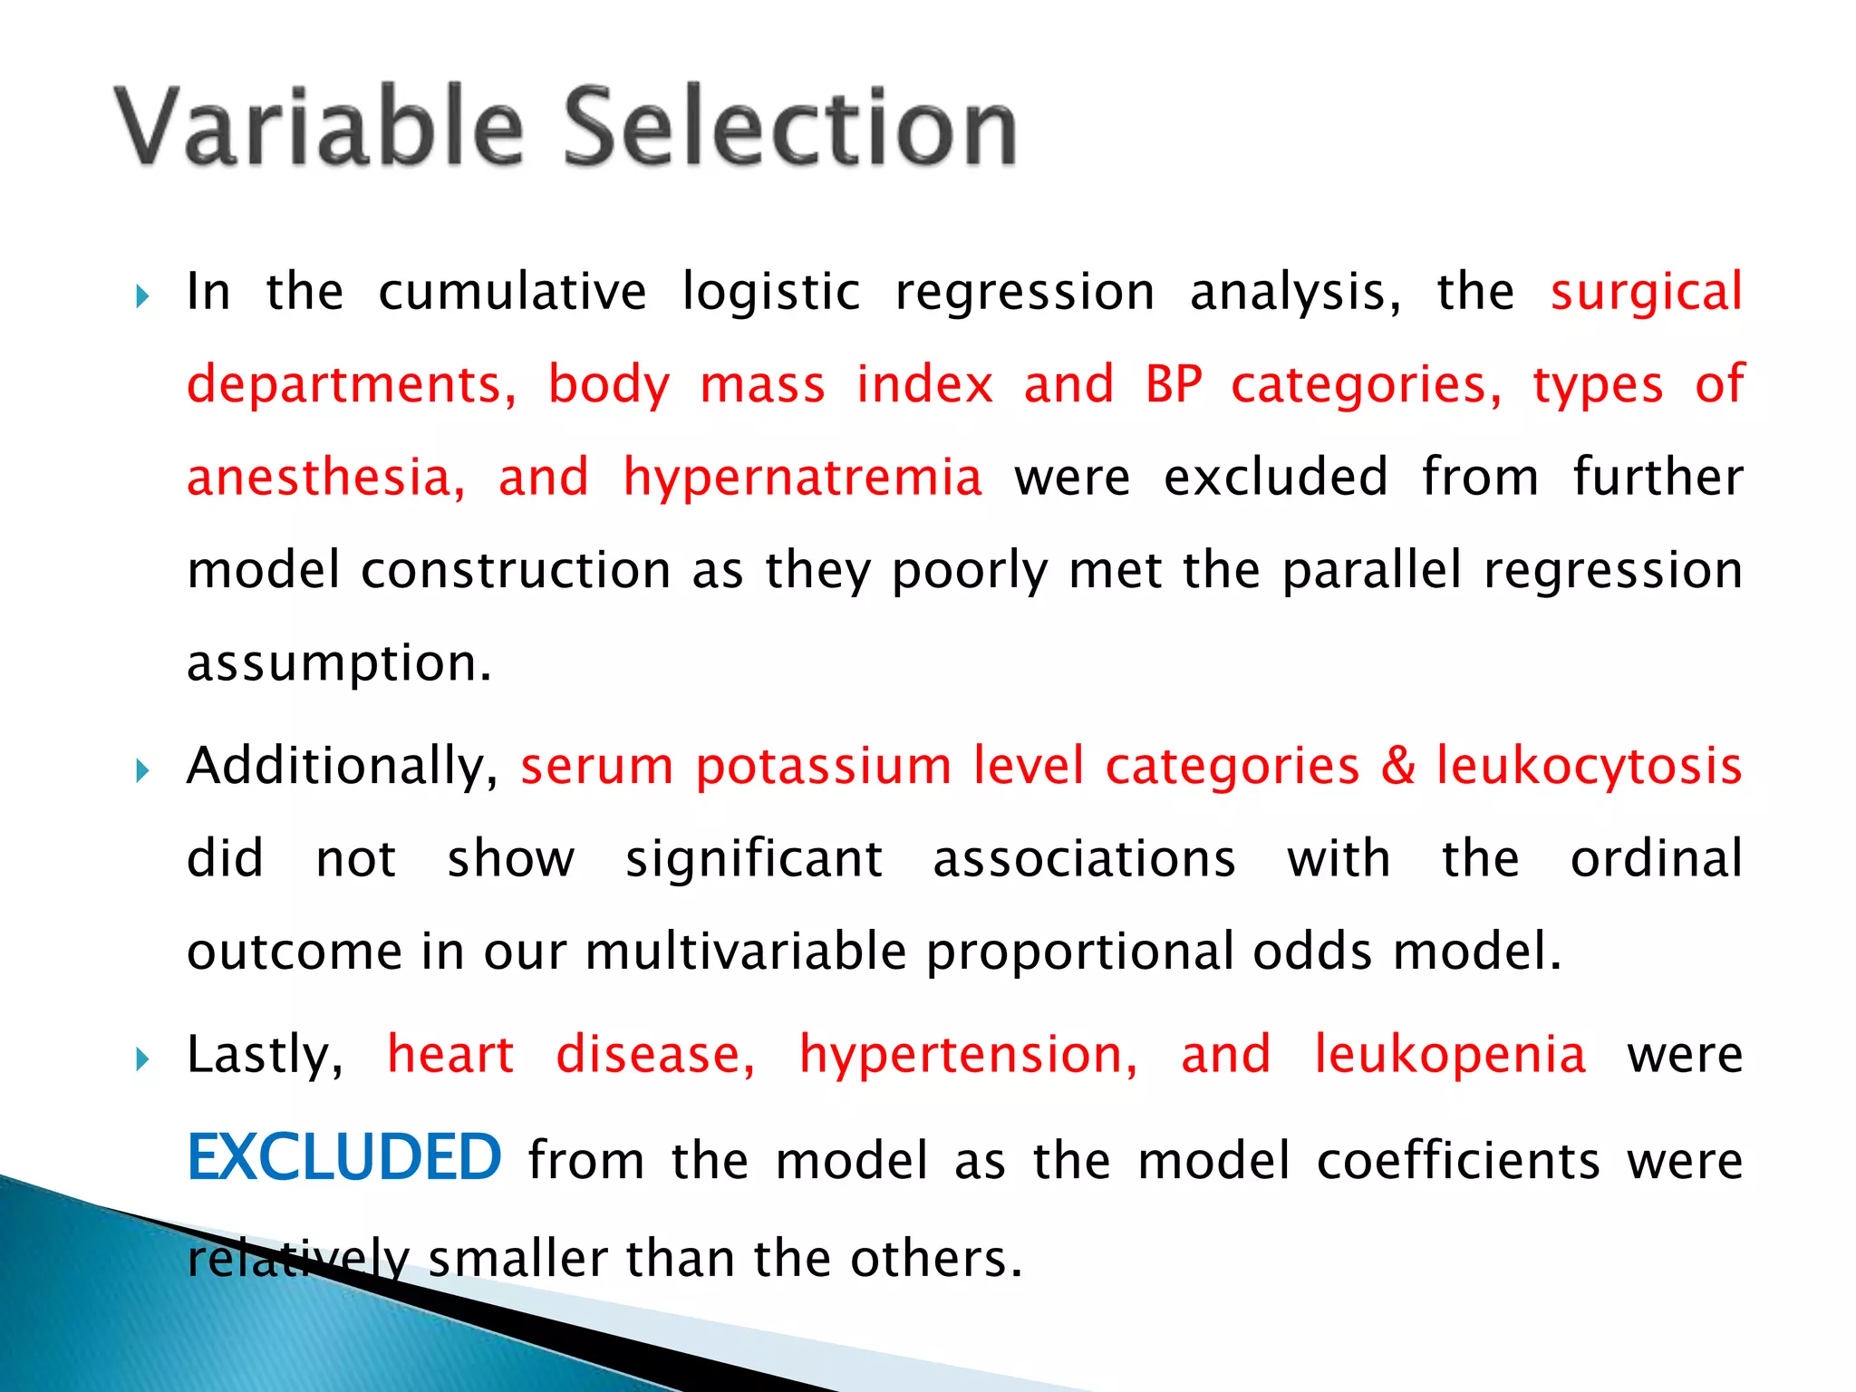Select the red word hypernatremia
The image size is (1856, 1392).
tap(802, 478)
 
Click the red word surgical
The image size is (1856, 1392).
tap(1646, 293)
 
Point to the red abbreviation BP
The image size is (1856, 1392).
tap(1173, 384)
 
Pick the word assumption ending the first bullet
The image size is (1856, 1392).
tap(338, 664)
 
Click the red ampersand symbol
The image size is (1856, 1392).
tap(1398, 766)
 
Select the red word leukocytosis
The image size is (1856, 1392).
tap(1590, 767)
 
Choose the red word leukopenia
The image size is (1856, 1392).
tap(1450, 1055)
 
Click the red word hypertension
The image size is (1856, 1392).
tap(968, 1057)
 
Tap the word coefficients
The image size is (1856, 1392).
tap(1458, 1161)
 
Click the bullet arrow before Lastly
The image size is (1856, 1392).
tap(141, 1058)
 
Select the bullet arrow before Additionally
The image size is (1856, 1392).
tap(141, 771)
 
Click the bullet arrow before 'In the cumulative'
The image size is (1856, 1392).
tap(141, 296)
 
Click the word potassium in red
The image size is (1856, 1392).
tap(823, 767)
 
